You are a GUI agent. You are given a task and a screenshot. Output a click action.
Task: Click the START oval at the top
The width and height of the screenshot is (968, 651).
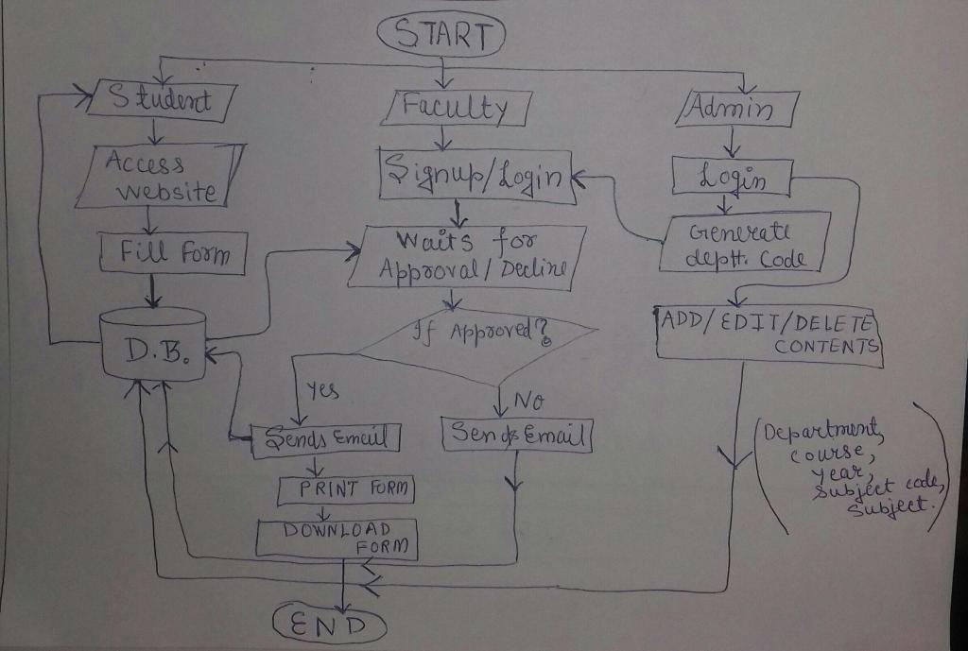point(441,35)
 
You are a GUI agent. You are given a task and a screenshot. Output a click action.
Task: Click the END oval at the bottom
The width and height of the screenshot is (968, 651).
point(330,625)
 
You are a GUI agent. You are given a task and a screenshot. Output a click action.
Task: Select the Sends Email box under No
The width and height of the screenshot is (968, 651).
point(517,436)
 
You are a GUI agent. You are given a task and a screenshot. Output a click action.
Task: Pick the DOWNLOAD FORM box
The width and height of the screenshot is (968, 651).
point(336,537)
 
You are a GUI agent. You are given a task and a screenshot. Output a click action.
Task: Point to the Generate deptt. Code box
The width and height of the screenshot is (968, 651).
point(746,244)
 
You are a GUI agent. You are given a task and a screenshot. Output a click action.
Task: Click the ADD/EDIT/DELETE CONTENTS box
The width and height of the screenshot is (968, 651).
point(768,332)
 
